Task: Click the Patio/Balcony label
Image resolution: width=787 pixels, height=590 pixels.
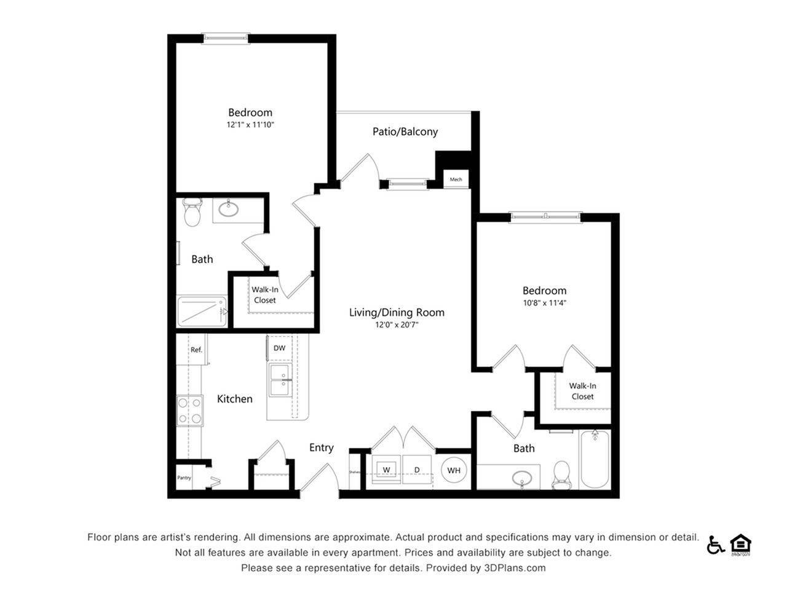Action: coord(405,132)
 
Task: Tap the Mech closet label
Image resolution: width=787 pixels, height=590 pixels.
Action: coord(456,179)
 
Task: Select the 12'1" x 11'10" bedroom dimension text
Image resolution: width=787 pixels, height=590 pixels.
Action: coord(250,125)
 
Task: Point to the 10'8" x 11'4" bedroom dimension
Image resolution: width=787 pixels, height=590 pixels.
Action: coord(544,303)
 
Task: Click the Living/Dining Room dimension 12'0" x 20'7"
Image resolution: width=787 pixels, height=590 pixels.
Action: coord(397,325)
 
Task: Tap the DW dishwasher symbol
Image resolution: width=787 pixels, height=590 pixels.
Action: coord(279,348)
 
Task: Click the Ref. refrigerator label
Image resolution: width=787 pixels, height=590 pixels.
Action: coord(196,350)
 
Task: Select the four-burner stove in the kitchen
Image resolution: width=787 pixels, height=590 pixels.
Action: coord(190,411)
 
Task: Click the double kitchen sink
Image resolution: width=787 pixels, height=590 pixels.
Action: coord(280,380)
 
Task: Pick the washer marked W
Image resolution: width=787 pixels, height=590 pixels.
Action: coord(387,470)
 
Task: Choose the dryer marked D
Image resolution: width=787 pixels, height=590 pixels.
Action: coord(417,470)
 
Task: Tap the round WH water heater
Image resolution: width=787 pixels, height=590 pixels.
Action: coord(454,471)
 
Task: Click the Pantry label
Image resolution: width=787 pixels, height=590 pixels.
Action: coord(184,478)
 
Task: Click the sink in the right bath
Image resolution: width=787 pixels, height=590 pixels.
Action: coord(523,478)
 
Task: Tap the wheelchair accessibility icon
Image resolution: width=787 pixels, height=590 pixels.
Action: coord(715,545)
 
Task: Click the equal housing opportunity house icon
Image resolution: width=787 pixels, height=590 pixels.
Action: coord(741,545)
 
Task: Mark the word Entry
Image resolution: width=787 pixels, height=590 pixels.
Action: coord(321,447)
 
